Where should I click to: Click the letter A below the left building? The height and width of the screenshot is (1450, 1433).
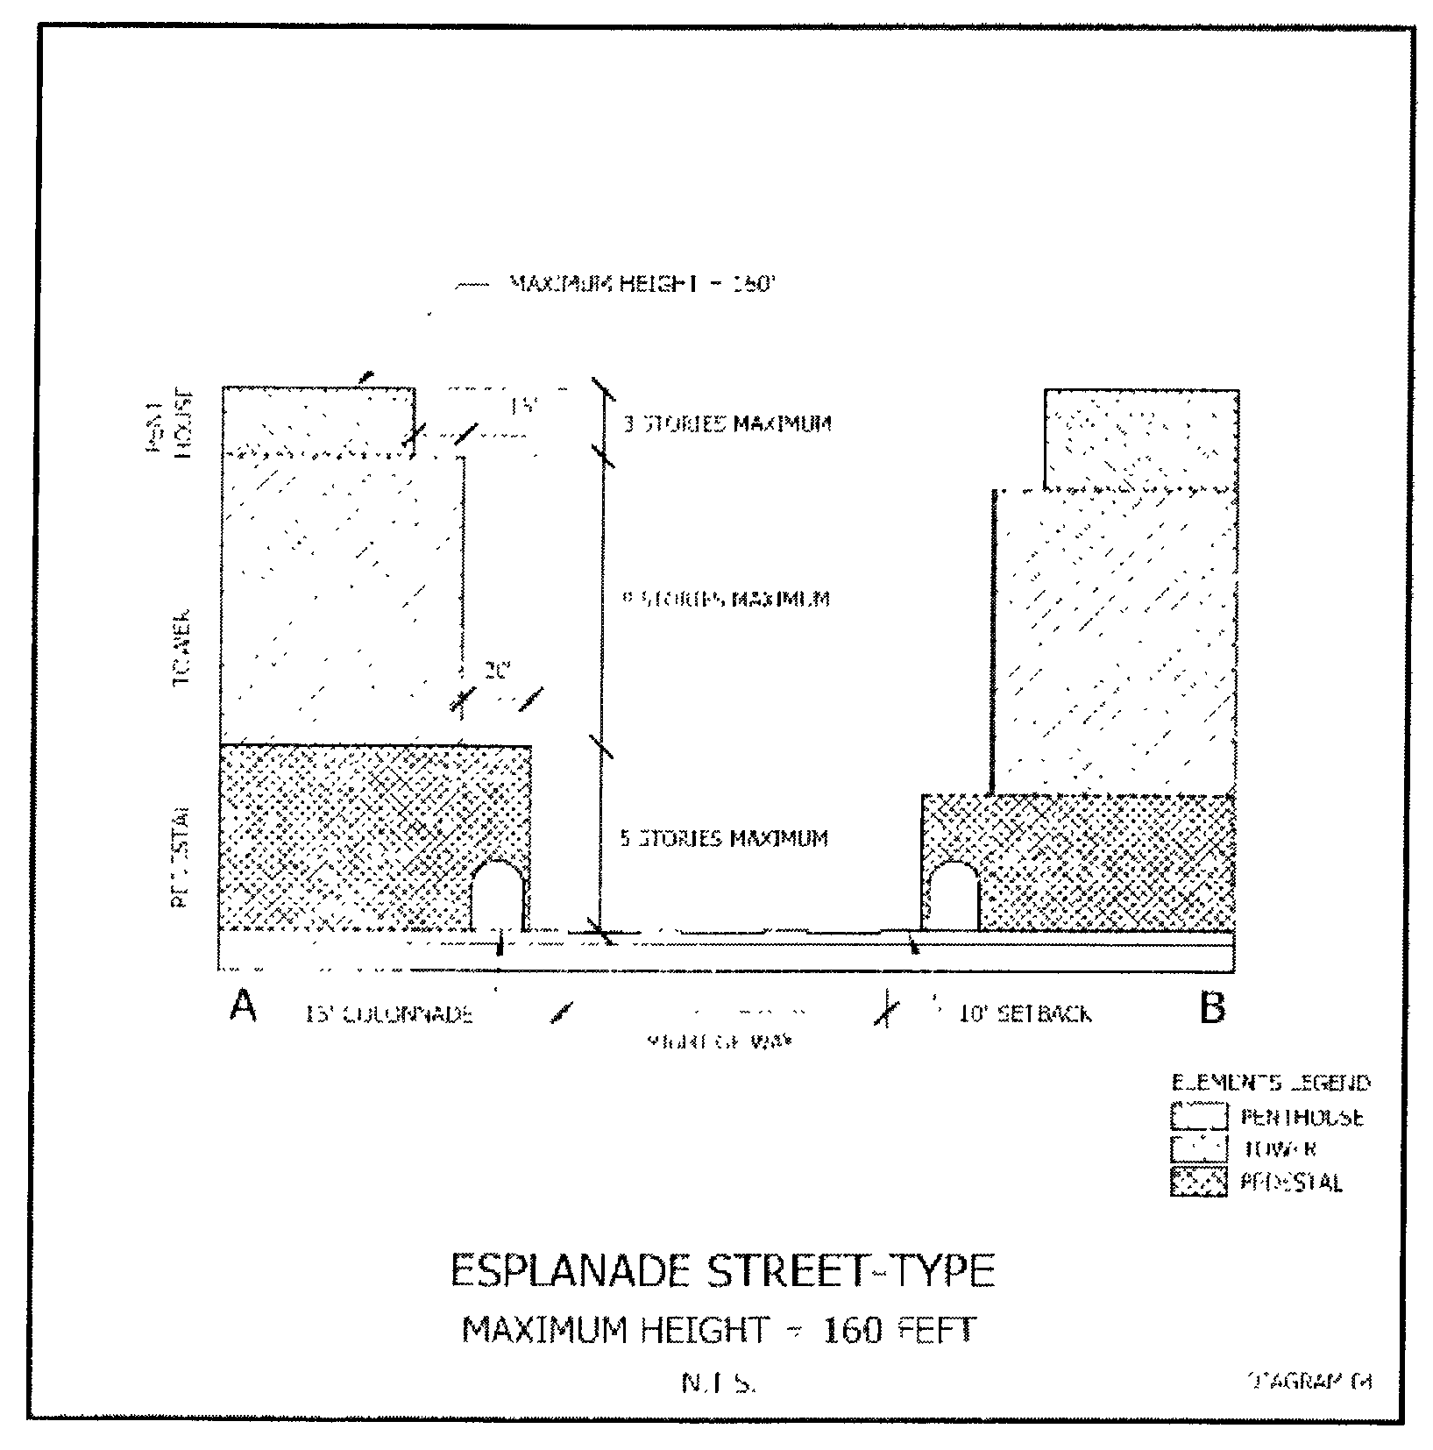(243, 1006)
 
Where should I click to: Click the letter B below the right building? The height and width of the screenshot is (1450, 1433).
(1211, 1008)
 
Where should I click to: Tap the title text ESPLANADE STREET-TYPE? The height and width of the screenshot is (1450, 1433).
(722, 1271)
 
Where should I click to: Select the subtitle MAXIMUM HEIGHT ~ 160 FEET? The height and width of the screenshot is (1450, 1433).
(718, 1331)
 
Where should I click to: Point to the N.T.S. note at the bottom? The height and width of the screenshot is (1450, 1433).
(719, 1383)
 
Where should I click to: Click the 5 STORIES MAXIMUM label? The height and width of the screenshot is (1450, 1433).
(724, 839)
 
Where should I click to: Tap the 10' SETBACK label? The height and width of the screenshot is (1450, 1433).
(1025, 1014)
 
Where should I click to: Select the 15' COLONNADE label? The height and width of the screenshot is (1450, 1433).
(389, 1015)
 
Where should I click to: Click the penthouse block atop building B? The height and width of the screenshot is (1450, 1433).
(1141, 437)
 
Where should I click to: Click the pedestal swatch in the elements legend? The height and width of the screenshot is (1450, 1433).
(1198, 1182)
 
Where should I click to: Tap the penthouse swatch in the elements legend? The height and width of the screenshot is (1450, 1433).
(1198, 1116)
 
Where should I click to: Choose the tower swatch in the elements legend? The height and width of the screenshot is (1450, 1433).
(1198, 1148)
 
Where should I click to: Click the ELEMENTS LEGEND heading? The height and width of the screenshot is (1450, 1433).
(1270, 1083)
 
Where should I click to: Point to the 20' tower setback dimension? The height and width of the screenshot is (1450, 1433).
(497, 672)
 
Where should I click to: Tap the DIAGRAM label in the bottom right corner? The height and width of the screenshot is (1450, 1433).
(1309, 1381)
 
